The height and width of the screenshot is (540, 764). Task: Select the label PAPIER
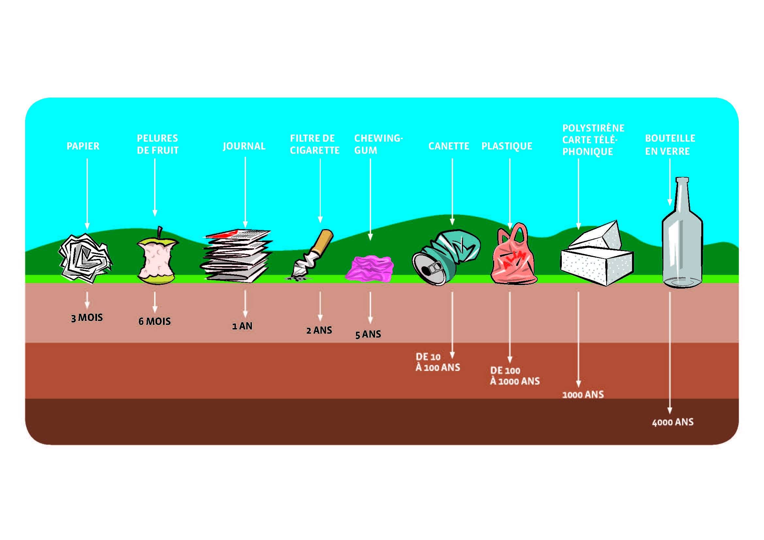pos(83,146)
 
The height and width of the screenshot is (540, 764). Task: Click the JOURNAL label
pos(244,146)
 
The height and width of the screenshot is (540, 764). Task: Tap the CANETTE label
pos(448,146)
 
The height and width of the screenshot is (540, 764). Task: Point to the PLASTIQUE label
pos(507,146)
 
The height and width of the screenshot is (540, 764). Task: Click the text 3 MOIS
pos(87,318)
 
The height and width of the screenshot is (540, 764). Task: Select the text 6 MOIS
pos(155,322)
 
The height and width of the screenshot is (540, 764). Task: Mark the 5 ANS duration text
pos(368,334)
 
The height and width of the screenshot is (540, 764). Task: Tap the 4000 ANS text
pos(673,422)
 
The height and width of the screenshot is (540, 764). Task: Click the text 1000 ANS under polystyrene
pos(583,395)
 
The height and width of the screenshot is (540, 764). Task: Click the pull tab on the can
pos(434,268)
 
